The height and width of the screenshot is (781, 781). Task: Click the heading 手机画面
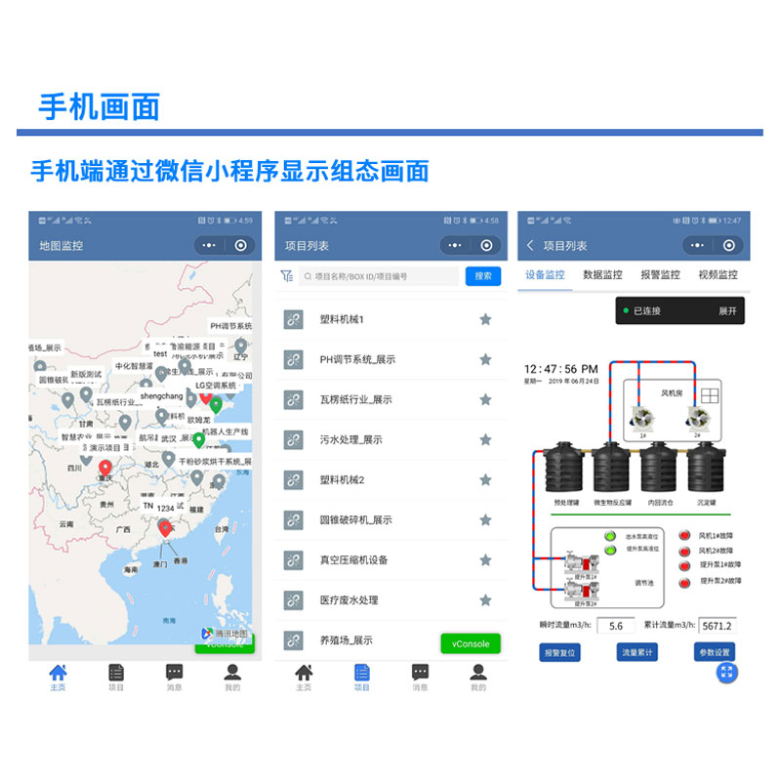click(x=99, y=106)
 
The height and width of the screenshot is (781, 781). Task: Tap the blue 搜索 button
click(x=483, y=276)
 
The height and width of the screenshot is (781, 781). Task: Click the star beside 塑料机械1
click(x=485, y=319)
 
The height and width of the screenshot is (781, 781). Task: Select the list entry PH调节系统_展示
click(x=357, y=359)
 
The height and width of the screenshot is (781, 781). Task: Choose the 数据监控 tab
click(x=602, y=275)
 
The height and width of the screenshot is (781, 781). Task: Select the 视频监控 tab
click(x=718, y=275)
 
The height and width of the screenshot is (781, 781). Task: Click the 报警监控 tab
click(x=660, y=275)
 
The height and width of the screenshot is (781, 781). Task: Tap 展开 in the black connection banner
click(x=728, y=311)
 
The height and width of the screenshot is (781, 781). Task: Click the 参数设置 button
click(x=714, y=652)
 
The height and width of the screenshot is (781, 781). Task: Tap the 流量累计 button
click(x=638, y=652)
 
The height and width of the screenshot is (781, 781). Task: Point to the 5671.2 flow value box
click(x=717, y=626)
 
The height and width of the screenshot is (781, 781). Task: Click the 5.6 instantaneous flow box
click(x=616, y=626)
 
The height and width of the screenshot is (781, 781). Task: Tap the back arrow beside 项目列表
click(x=530, y=246)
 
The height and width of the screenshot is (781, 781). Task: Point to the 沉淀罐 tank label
click(x=706, y=504)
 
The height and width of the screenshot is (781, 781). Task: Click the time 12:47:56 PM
click(x=560, y=370)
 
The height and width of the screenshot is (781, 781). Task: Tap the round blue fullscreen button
click(x=726, y=672)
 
